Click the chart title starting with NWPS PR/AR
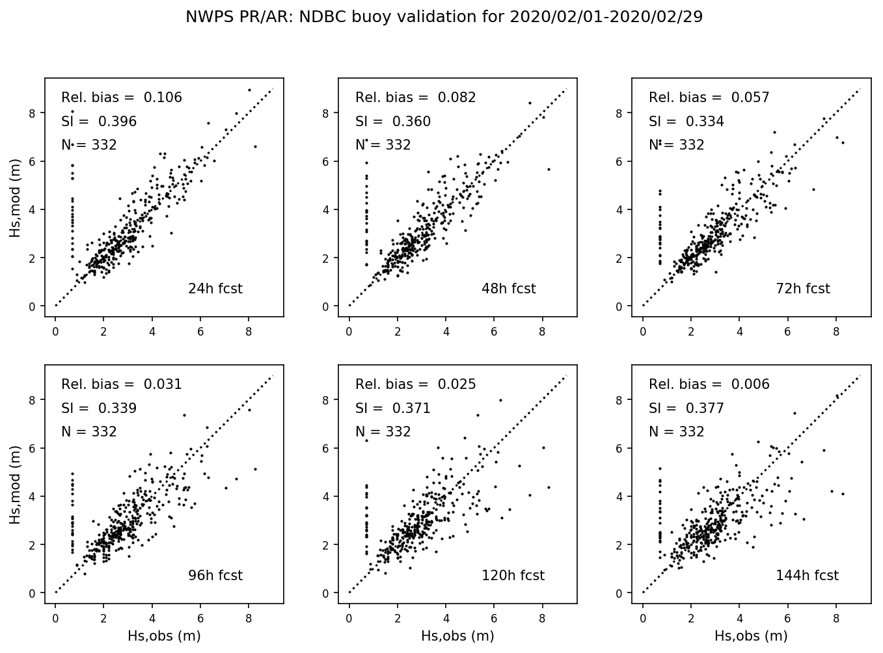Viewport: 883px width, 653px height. point(444,17)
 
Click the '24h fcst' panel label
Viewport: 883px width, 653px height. point(215,289)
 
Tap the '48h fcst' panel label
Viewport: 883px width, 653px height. point(508,289)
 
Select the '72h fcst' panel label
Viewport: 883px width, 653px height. point(802,289)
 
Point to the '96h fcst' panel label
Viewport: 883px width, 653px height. point(215,576)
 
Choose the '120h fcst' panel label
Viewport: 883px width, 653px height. point(513,576)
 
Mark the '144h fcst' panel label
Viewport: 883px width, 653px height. point(807,576)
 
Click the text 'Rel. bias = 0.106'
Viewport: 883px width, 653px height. point(122,98)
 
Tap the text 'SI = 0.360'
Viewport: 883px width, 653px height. point(393,122)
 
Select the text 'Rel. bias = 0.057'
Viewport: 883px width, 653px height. point(709,98)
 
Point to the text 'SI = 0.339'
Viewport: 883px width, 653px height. point(99,408)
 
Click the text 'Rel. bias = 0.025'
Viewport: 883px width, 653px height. point(416,384)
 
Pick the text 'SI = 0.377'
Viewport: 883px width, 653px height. point(686,408)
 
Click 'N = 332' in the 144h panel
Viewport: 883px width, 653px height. point(677,432)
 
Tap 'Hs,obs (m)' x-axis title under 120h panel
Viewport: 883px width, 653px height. point(457,636)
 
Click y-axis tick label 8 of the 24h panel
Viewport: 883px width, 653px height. point(33,113)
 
